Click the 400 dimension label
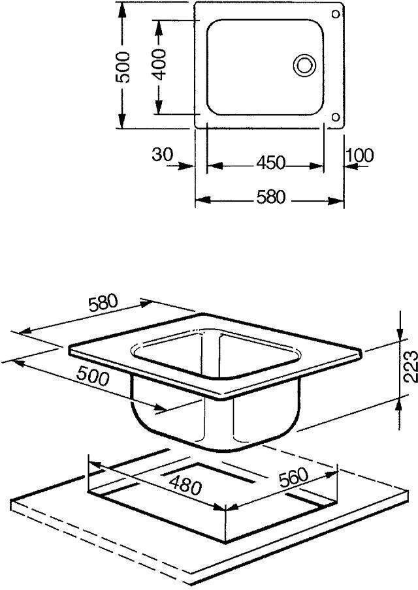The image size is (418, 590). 159,65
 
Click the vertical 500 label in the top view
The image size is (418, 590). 123,67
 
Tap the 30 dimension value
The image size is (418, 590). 163,154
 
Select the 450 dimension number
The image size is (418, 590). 271,163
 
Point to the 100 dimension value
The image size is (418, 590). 360,155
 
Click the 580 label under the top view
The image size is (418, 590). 271,197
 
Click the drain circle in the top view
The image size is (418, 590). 304,65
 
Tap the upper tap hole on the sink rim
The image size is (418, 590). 336,14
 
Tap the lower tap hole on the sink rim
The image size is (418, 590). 335,117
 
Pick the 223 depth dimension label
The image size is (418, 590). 410,366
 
